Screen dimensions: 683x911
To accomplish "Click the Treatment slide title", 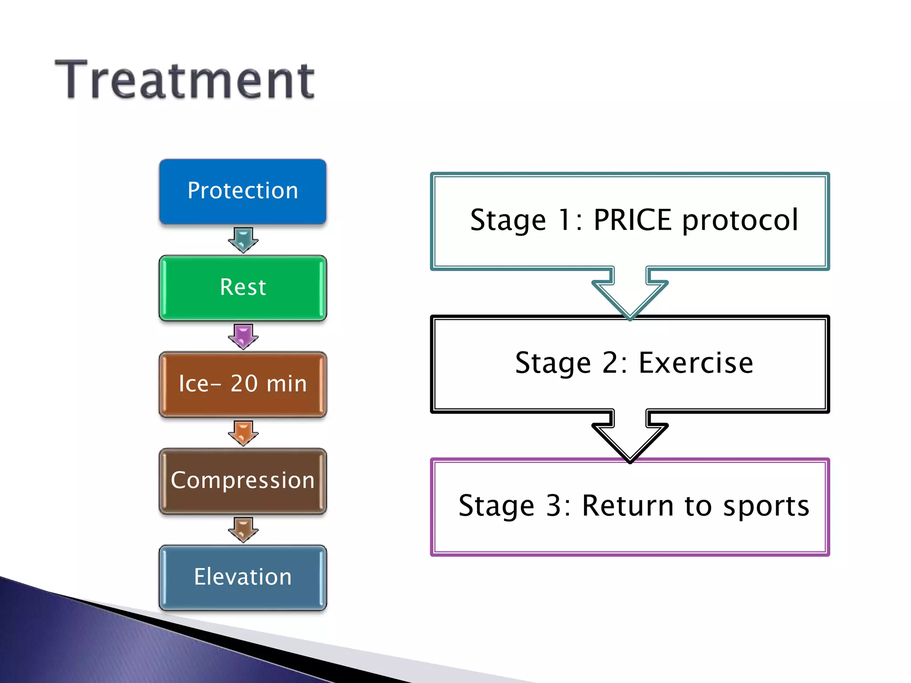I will tap(185, 80).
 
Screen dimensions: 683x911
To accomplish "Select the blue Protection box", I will tap(242, 191).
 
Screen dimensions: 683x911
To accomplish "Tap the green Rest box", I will tap(242, 287).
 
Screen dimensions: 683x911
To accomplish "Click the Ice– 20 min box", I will tap(242, 384).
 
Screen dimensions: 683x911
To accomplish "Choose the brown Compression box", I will tap(242, 481).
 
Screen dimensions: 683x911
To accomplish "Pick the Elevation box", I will tap(242, 577).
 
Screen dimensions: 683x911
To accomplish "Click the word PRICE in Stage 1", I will tap(632, 220).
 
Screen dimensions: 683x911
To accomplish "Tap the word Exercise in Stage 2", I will tap(696, 363).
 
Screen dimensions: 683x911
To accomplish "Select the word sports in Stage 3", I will tap(766, 506).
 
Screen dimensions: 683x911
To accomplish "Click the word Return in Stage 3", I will tap(628, 506).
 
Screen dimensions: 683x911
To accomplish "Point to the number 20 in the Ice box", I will tap(244, 383).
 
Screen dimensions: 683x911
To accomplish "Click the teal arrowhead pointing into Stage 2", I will tap(630, 298).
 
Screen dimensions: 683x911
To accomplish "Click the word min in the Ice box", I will tap(287, 383).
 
